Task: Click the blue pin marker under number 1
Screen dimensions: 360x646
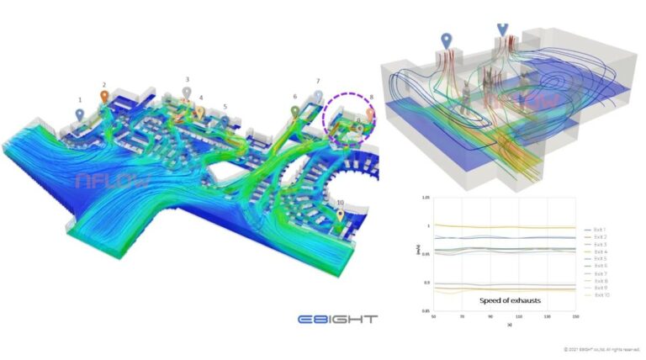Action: [80, 114]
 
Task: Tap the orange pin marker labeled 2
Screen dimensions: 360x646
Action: [104, 97]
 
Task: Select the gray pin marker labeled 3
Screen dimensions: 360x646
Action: [187, 92]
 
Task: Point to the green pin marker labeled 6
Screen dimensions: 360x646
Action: [294, 110]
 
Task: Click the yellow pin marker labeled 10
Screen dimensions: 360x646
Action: [339, 215]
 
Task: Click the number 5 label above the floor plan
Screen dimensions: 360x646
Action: [225, 107]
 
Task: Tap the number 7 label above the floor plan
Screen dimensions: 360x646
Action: [318, 82]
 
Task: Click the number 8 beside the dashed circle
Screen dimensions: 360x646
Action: [371, 98]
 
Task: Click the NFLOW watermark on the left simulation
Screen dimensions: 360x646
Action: [101, 179]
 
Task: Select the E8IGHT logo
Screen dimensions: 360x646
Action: [338, 319]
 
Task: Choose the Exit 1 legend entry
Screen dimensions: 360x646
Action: [599, 230]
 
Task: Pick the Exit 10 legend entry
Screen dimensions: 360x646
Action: [600, 295]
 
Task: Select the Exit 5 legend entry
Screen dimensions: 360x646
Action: [599, 258]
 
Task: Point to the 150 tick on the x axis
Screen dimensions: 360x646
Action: [575, 317]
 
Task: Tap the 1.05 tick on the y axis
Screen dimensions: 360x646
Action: [425, 197]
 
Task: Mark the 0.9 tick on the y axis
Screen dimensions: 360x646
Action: [426, 283]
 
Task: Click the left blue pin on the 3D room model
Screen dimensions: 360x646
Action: [447, 40]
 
